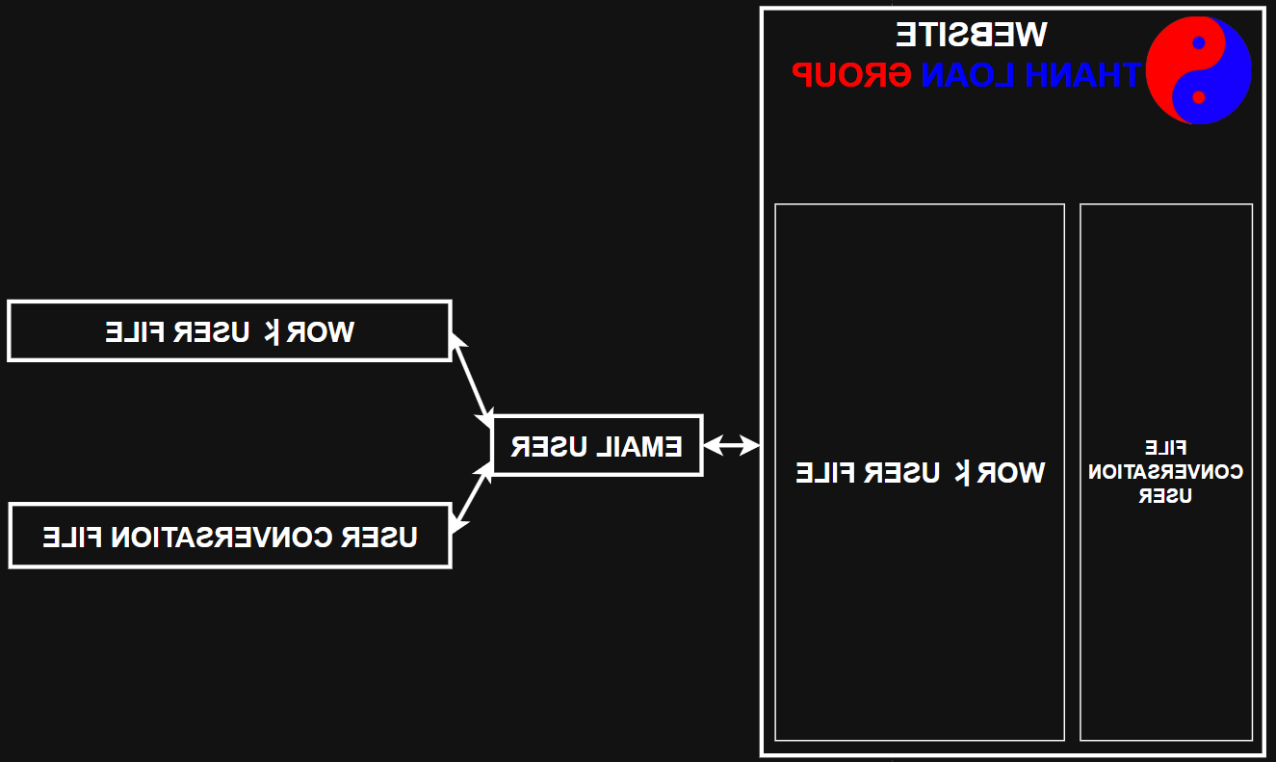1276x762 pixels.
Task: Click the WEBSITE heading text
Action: [x=971, y=34]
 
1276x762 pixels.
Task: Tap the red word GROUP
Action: [x=851, y=74]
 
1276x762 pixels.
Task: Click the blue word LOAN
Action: [x=967, y=74]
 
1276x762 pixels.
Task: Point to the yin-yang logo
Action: [x=1198, y=70]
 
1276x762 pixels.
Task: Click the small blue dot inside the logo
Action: [x=1198, y=42]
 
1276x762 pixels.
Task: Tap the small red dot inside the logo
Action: [x=1198, y=97]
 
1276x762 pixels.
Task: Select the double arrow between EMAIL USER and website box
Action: [x=731, y=445]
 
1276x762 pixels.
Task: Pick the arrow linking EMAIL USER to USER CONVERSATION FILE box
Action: [x=472, y=497]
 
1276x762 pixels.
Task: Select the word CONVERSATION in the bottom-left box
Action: [x=227, y=537]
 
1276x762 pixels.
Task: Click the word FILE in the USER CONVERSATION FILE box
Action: [x=72, y=537]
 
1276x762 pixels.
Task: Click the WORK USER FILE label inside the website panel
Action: [x=920, y=472]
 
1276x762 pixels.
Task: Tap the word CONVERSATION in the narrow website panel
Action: [x=1165, y=472]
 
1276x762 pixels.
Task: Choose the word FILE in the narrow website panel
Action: [x=1165, y=448]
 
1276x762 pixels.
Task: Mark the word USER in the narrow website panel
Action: [x=1165, y=496]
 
